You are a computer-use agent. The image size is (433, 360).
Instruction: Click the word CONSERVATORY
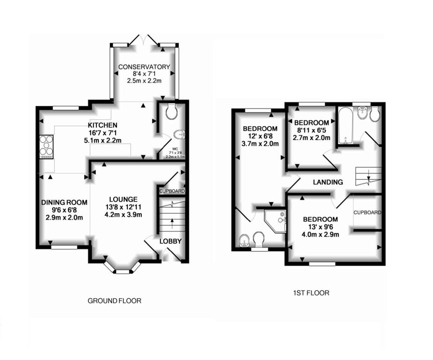click(144, 67)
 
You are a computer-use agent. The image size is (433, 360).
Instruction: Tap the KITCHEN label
click(103, 125)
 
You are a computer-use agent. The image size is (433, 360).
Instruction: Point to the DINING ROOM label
click(64, 202)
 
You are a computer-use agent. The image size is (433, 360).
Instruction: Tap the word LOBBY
click(171, 241)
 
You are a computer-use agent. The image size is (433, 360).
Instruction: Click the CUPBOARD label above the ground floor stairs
click(172, 192)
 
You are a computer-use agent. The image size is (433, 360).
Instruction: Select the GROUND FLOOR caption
click(114, 300)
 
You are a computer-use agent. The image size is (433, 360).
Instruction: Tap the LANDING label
click(328, 182)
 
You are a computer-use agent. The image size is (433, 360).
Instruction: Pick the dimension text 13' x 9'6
click(320, 228)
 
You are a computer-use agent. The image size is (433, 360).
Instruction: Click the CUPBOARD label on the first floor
click(367, 212)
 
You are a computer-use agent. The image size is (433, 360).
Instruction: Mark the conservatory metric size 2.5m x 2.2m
click(144, 81)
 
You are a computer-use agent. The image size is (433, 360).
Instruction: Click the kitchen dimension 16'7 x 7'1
click(103, 133)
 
